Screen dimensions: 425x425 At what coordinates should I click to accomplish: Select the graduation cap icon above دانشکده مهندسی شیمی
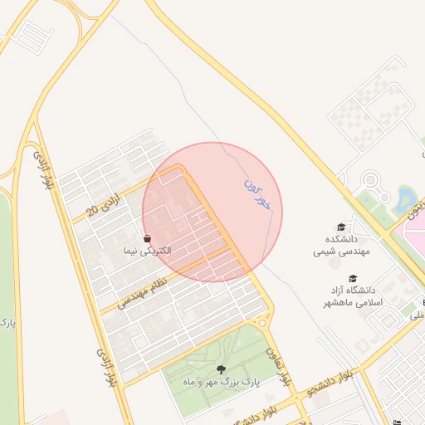pos(340,227)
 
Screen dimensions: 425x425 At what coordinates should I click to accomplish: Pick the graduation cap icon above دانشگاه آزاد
pos(353,279)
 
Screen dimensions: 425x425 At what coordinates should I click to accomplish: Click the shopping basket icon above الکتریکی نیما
pos(147,238)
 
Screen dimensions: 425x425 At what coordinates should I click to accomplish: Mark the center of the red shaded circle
pos(212,212)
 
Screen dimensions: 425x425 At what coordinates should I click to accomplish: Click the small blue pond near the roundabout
pos(406,198)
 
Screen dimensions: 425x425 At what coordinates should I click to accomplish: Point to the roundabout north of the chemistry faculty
pos(370,180)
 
